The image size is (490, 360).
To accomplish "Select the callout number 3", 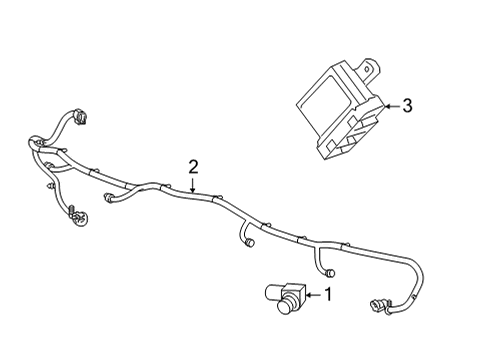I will [x=406, y=104].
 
